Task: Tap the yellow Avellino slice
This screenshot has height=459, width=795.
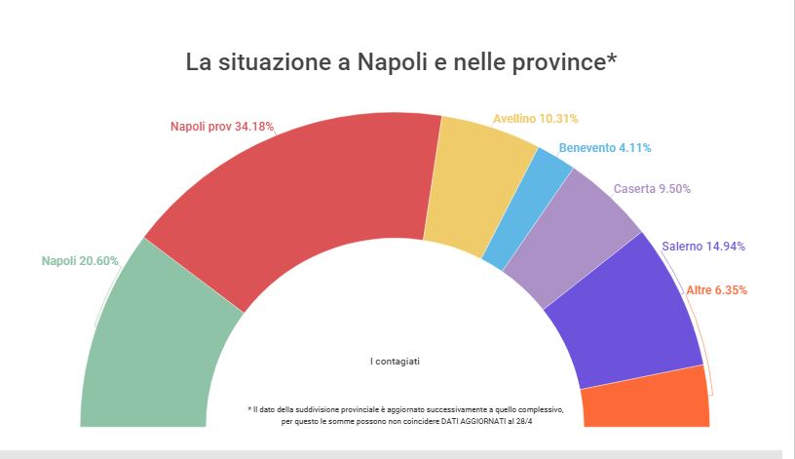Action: [477, 190]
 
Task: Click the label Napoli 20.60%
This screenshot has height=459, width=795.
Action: [80, 261]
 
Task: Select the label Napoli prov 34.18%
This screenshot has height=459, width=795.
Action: [221, 126]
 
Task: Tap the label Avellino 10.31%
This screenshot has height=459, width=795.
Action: [535, 119]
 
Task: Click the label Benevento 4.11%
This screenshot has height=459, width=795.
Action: [605, 148]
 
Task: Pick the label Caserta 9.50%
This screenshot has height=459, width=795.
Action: [659, 189]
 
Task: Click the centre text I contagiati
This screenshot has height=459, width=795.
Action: [395, 361]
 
